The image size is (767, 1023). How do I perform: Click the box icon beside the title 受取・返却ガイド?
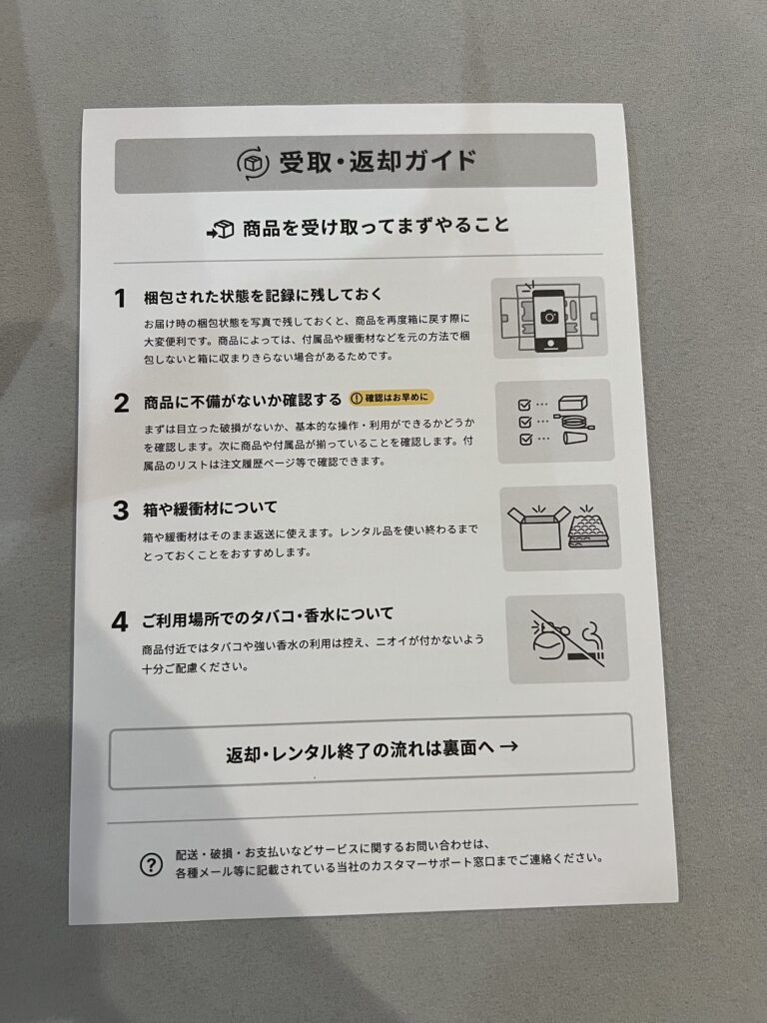253,163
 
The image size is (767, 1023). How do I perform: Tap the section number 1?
120,299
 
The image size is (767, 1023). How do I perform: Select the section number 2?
121,404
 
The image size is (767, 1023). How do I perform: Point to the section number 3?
121,511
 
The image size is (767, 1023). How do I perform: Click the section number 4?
120,621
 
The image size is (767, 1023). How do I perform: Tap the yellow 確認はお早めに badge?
390,398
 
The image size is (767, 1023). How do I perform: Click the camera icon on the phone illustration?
549,317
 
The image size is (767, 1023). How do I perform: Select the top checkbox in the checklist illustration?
524,406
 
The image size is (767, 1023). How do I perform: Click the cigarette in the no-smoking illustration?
585,655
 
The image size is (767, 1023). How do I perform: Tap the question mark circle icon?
152,865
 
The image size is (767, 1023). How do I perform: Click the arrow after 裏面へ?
508,745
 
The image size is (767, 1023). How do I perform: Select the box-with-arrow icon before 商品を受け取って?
221,230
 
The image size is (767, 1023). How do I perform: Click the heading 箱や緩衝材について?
210,509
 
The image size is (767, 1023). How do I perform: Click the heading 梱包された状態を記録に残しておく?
263,296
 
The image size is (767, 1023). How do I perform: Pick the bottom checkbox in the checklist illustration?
526,440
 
